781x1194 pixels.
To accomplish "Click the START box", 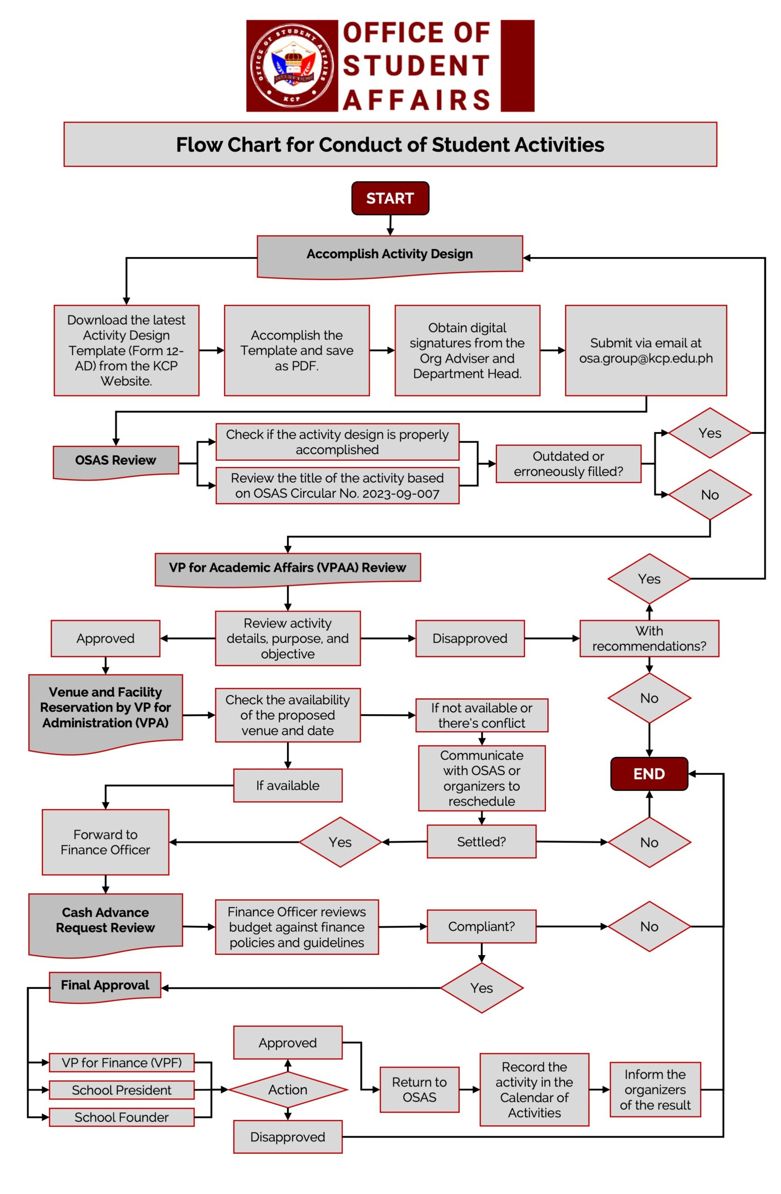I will [390, 198].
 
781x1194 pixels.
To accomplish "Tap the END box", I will [649, 774].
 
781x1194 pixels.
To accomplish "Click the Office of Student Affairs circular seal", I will [292, 66].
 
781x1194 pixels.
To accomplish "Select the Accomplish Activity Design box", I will [390, 254].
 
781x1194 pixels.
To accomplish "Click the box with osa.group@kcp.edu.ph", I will [646, 350].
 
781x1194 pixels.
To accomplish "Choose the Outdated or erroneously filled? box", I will [568, 464].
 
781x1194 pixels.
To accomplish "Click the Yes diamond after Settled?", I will [340, 842].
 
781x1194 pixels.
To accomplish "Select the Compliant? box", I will [481, 927].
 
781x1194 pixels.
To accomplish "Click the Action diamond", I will [287, 1090].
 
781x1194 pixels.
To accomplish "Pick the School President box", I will [121, 1090].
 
